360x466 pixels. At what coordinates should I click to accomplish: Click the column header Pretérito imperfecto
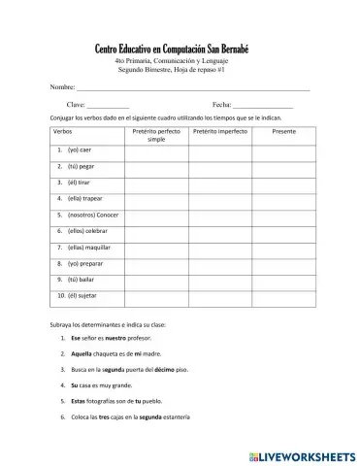[221, 130]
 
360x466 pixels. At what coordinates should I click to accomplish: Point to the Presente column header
[284, 130]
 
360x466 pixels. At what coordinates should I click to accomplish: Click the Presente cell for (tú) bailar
[284, 279]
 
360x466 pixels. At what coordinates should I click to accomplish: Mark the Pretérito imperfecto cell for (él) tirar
[221, 183]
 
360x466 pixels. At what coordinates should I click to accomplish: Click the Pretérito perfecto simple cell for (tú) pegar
[156, 167]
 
